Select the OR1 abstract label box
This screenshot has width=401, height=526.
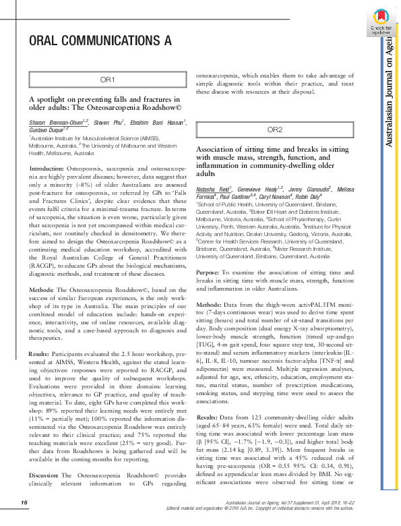[108, 80]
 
